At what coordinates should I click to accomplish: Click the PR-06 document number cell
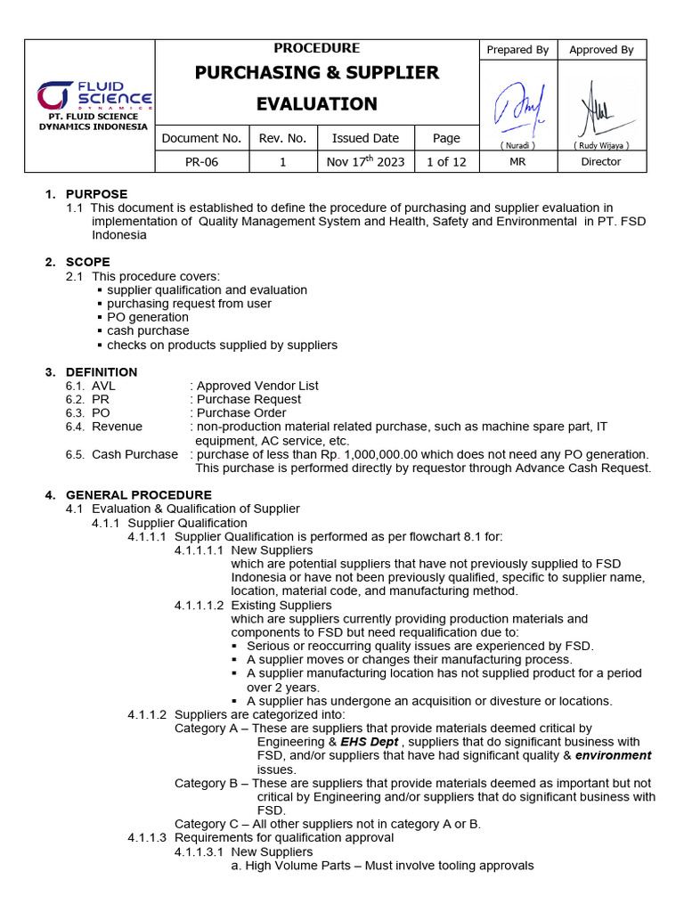coord(201,162)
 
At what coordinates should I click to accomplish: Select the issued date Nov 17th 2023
coord(365,162)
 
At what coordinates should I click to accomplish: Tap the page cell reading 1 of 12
coord(446,162)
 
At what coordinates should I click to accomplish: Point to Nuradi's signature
coord(517,105)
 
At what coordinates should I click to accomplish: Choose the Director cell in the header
coord(601,162)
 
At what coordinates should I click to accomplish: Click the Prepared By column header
coord(517,50)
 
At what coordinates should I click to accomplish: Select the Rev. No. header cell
coord(282,138)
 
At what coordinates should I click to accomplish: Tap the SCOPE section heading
coord(88,262)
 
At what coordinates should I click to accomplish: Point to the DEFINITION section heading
coord(102,372)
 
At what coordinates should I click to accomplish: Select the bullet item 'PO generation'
coord(148,317)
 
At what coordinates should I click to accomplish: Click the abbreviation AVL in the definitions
coord(103,386)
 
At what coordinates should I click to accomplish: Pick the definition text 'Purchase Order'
coord(241,413)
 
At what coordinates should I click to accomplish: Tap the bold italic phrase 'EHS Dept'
coord(370,742)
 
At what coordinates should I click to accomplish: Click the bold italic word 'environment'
coord(613,755)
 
